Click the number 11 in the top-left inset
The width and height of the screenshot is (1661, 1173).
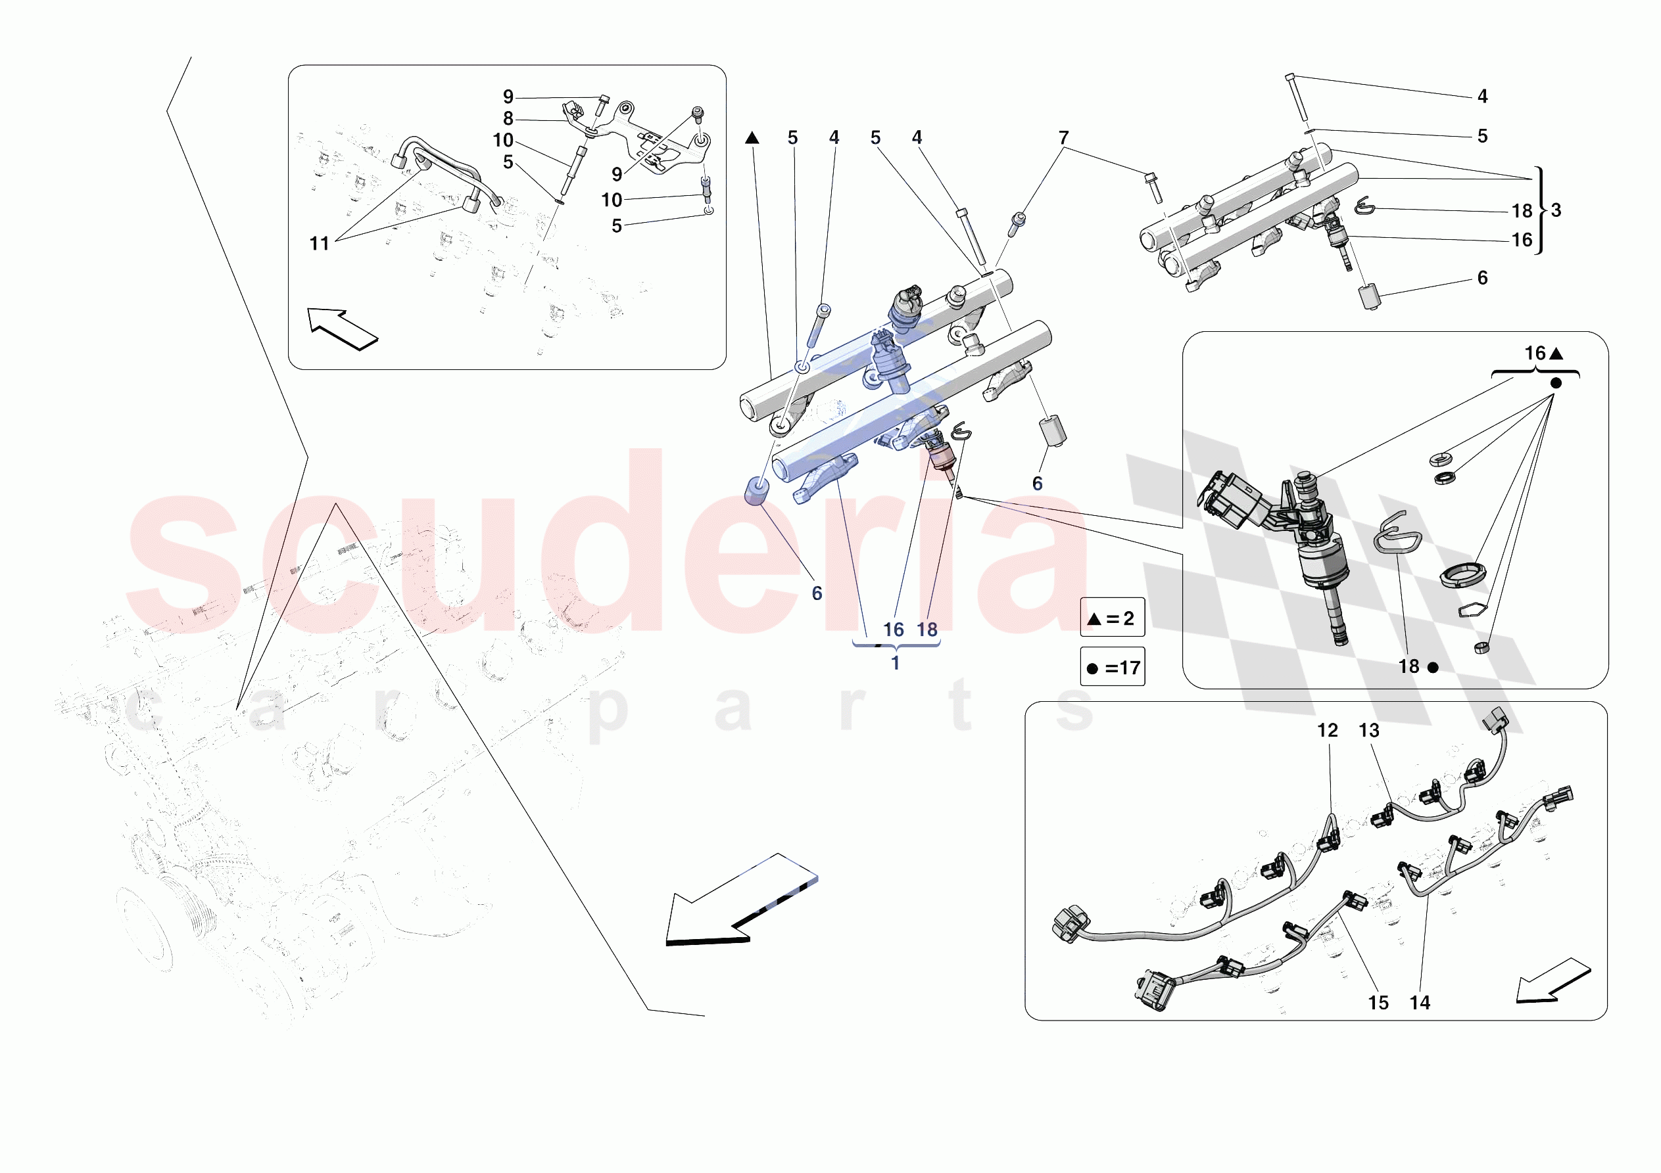coord(319,244)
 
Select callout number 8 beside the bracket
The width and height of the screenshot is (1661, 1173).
coord(508,118)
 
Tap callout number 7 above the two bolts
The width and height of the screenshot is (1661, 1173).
coord(1063,137)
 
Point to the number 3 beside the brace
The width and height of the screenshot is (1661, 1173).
coord(1556,210)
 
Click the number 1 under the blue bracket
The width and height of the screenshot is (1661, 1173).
coord(895,662)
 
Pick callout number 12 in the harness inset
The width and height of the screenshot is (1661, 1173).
coord(1328,730)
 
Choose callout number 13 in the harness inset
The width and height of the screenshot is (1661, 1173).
coord(1369,730)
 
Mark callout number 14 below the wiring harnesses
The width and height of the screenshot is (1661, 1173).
coord(1420,1002)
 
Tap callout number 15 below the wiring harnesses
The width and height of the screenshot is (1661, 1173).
coord(1378,1002)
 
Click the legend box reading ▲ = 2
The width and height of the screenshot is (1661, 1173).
coord(1112,618)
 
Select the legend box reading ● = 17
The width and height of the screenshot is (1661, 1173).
coord(1112,667)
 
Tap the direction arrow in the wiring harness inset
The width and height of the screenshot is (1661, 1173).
coord(1553,982)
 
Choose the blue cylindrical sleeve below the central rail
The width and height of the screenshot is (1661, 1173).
coord(756,491)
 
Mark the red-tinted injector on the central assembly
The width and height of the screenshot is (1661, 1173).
coord(941,457)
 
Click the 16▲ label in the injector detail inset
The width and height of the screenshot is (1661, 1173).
coord(1543,353)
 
